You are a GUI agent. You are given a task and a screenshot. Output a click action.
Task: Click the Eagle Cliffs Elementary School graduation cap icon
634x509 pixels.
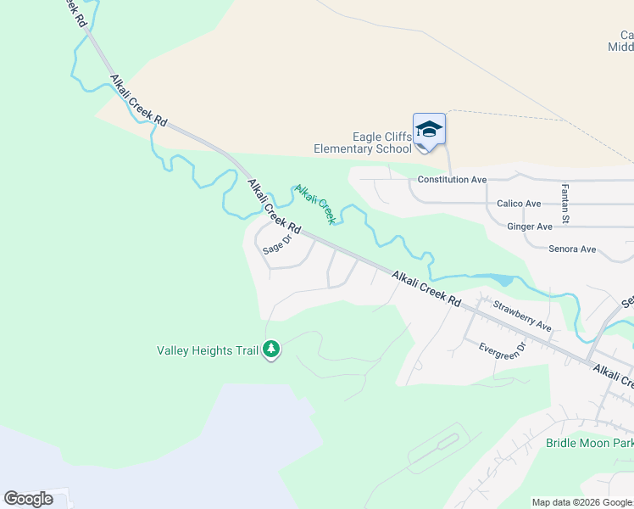(429, 130)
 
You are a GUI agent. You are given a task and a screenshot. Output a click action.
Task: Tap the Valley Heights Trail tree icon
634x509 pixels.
(271, 349)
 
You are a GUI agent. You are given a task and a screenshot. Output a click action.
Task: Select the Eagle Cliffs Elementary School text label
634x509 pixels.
(362, 143)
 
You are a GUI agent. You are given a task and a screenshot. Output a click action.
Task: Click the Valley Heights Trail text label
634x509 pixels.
(208, 350)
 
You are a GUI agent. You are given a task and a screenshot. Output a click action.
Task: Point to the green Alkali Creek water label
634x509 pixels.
(315, 204)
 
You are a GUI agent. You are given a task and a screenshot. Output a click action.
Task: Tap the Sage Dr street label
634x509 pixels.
(276, 244)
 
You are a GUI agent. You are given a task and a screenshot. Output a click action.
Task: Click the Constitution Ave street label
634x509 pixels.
(452, 180)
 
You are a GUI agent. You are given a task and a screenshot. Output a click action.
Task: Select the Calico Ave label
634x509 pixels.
(519, 204)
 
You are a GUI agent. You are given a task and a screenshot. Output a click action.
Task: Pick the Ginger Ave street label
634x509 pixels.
(530, 227)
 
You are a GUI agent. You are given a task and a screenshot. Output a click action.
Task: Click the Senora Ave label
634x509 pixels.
(572, 249)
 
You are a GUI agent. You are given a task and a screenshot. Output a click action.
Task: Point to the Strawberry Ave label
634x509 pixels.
(522, 316)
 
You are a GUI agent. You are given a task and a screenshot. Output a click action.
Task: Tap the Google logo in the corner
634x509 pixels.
(28, 499)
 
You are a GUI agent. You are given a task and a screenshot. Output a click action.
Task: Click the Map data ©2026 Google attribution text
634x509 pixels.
(582, 502)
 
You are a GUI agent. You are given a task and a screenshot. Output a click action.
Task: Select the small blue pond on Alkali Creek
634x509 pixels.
(500, 279)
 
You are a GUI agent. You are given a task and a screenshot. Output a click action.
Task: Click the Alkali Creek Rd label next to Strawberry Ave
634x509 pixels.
(426, 289)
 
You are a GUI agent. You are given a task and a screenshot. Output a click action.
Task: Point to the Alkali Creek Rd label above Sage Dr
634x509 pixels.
(274, 207)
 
